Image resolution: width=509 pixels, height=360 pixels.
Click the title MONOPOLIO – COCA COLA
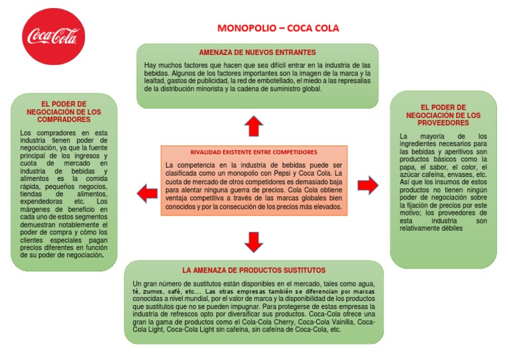278,29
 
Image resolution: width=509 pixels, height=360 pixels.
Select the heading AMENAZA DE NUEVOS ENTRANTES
257,52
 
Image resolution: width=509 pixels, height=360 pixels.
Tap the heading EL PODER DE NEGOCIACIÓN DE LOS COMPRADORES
64,112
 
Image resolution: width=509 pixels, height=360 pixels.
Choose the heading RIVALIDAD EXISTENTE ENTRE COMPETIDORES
254,152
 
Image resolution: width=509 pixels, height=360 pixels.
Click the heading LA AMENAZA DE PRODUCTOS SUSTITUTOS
254,270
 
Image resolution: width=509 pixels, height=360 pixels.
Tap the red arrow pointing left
146,193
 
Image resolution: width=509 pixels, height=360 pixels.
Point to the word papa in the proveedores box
408,168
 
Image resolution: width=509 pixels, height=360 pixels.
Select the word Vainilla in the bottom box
340,323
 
